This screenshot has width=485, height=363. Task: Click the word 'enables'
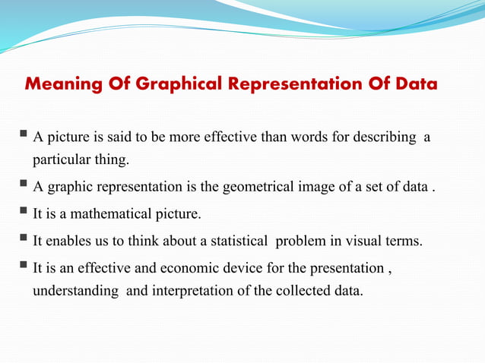67,241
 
